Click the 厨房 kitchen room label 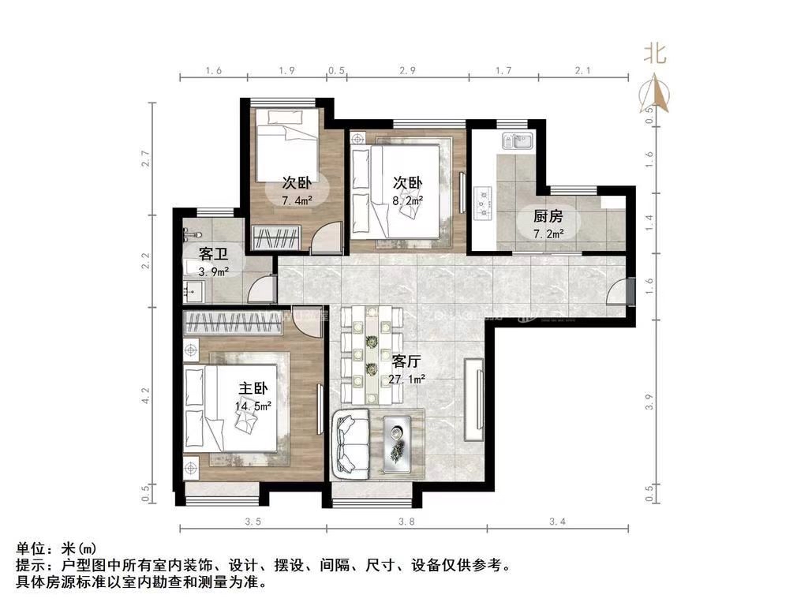click(x=548, y=215)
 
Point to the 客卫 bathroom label click(x=213, y=254)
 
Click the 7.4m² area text click(x=297, y=200)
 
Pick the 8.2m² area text click(x=408, y=200)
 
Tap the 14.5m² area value click(x=252, y=406)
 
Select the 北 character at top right click(x=655, y=54)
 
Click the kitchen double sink click(x=520, y=142)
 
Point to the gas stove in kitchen click(x=482, y=203)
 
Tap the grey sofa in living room click(x=352, y=443)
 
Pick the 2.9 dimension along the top click(x=407, y=71)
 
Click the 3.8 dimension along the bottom click(x=407, y=522)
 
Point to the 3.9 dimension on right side click(x=649, y=402)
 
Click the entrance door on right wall click(x=623, y=292)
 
